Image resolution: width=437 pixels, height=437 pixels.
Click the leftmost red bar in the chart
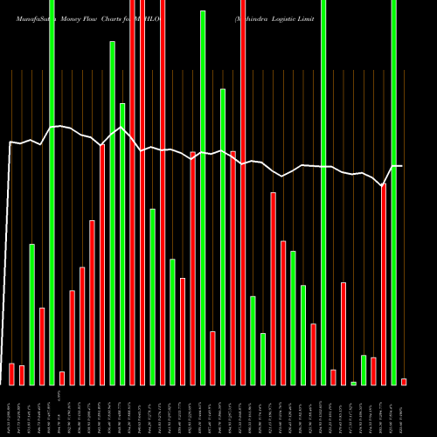11,374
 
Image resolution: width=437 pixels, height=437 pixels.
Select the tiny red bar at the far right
404,381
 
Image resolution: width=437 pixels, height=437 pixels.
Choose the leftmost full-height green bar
52,192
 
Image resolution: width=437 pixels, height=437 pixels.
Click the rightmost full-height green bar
393,192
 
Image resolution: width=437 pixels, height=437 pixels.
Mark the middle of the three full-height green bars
323,192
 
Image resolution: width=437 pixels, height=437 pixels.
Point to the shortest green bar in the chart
354,383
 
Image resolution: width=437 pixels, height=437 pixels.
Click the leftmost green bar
31,315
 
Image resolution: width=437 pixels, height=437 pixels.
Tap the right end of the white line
402,166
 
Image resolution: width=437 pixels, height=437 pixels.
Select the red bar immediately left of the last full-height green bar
384,284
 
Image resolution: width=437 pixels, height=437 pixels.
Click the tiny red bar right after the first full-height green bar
62,378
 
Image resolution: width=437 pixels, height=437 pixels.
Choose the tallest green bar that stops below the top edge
203,198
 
